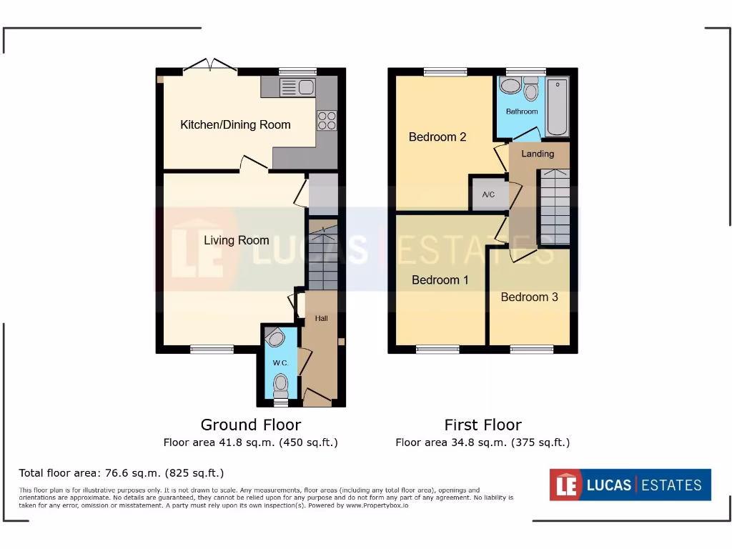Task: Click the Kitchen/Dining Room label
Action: [x=235, y=124]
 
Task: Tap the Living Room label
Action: [x=236, y=240]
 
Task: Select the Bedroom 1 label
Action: [x=440, y=280]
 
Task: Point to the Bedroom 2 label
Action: [x=437, y=137]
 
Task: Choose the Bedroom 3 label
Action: [x=529, y=297]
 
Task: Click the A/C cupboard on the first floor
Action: [x=488, y=194]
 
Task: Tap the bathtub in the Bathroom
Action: [x=557, y=107]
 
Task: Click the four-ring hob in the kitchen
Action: [x=327, y=120]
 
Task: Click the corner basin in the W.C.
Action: [x=274, y=337]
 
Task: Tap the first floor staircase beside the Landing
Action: [x=554, y=207]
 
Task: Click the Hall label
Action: [x=321, y=318]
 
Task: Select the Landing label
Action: [x=538, y=154]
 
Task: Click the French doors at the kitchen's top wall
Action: [x=209, y=66]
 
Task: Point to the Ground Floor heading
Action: [x=250, y=425]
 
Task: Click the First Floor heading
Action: [x=483, y=425]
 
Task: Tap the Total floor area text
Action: [x=122, y=473]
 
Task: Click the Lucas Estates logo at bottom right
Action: [x=630, y=485]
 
